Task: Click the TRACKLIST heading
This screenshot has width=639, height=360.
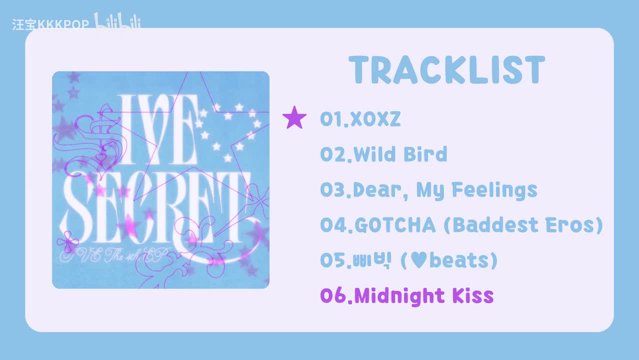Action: [446, 70]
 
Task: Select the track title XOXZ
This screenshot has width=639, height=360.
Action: [375, 119]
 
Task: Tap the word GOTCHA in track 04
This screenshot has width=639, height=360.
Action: [395, 225]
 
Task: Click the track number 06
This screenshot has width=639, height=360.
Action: [333, 296]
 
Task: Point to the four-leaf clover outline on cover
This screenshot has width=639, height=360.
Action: [67, 243]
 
